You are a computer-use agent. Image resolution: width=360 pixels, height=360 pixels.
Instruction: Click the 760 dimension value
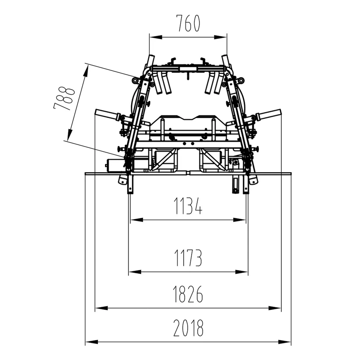(x=188, y=23)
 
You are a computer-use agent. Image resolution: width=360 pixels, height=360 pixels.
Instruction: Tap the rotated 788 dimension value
(x=64, y=98)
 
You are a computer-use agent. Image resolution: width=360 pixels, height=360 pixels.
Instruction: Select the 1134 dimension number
(x=188, y=206)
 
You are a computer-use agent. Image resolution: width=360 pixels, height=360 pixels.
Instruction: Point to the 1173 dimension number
(x=188, y=258)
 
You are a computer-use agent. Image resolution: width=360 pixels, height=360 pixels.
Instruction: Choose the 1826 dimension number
(x=188, y=294)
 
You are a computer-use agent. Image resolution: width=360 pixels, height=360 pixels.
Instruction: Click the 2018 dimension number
(x=188, y=328)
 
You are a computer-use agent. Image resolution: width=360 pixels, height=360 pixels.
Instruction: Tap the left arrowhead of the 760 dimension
(x=156, y=37)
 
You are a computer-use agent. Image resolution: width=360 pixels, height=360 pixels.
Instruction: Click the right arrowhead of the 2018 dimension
(x=284, y=342)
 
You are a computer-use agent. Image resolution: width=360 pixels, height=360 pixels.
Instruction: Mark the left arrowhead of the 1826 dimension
(x=101, y=308)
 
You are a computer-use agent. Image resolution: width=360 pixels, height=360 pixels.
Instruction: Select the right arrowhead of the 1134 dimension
(x=239, y=220)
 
